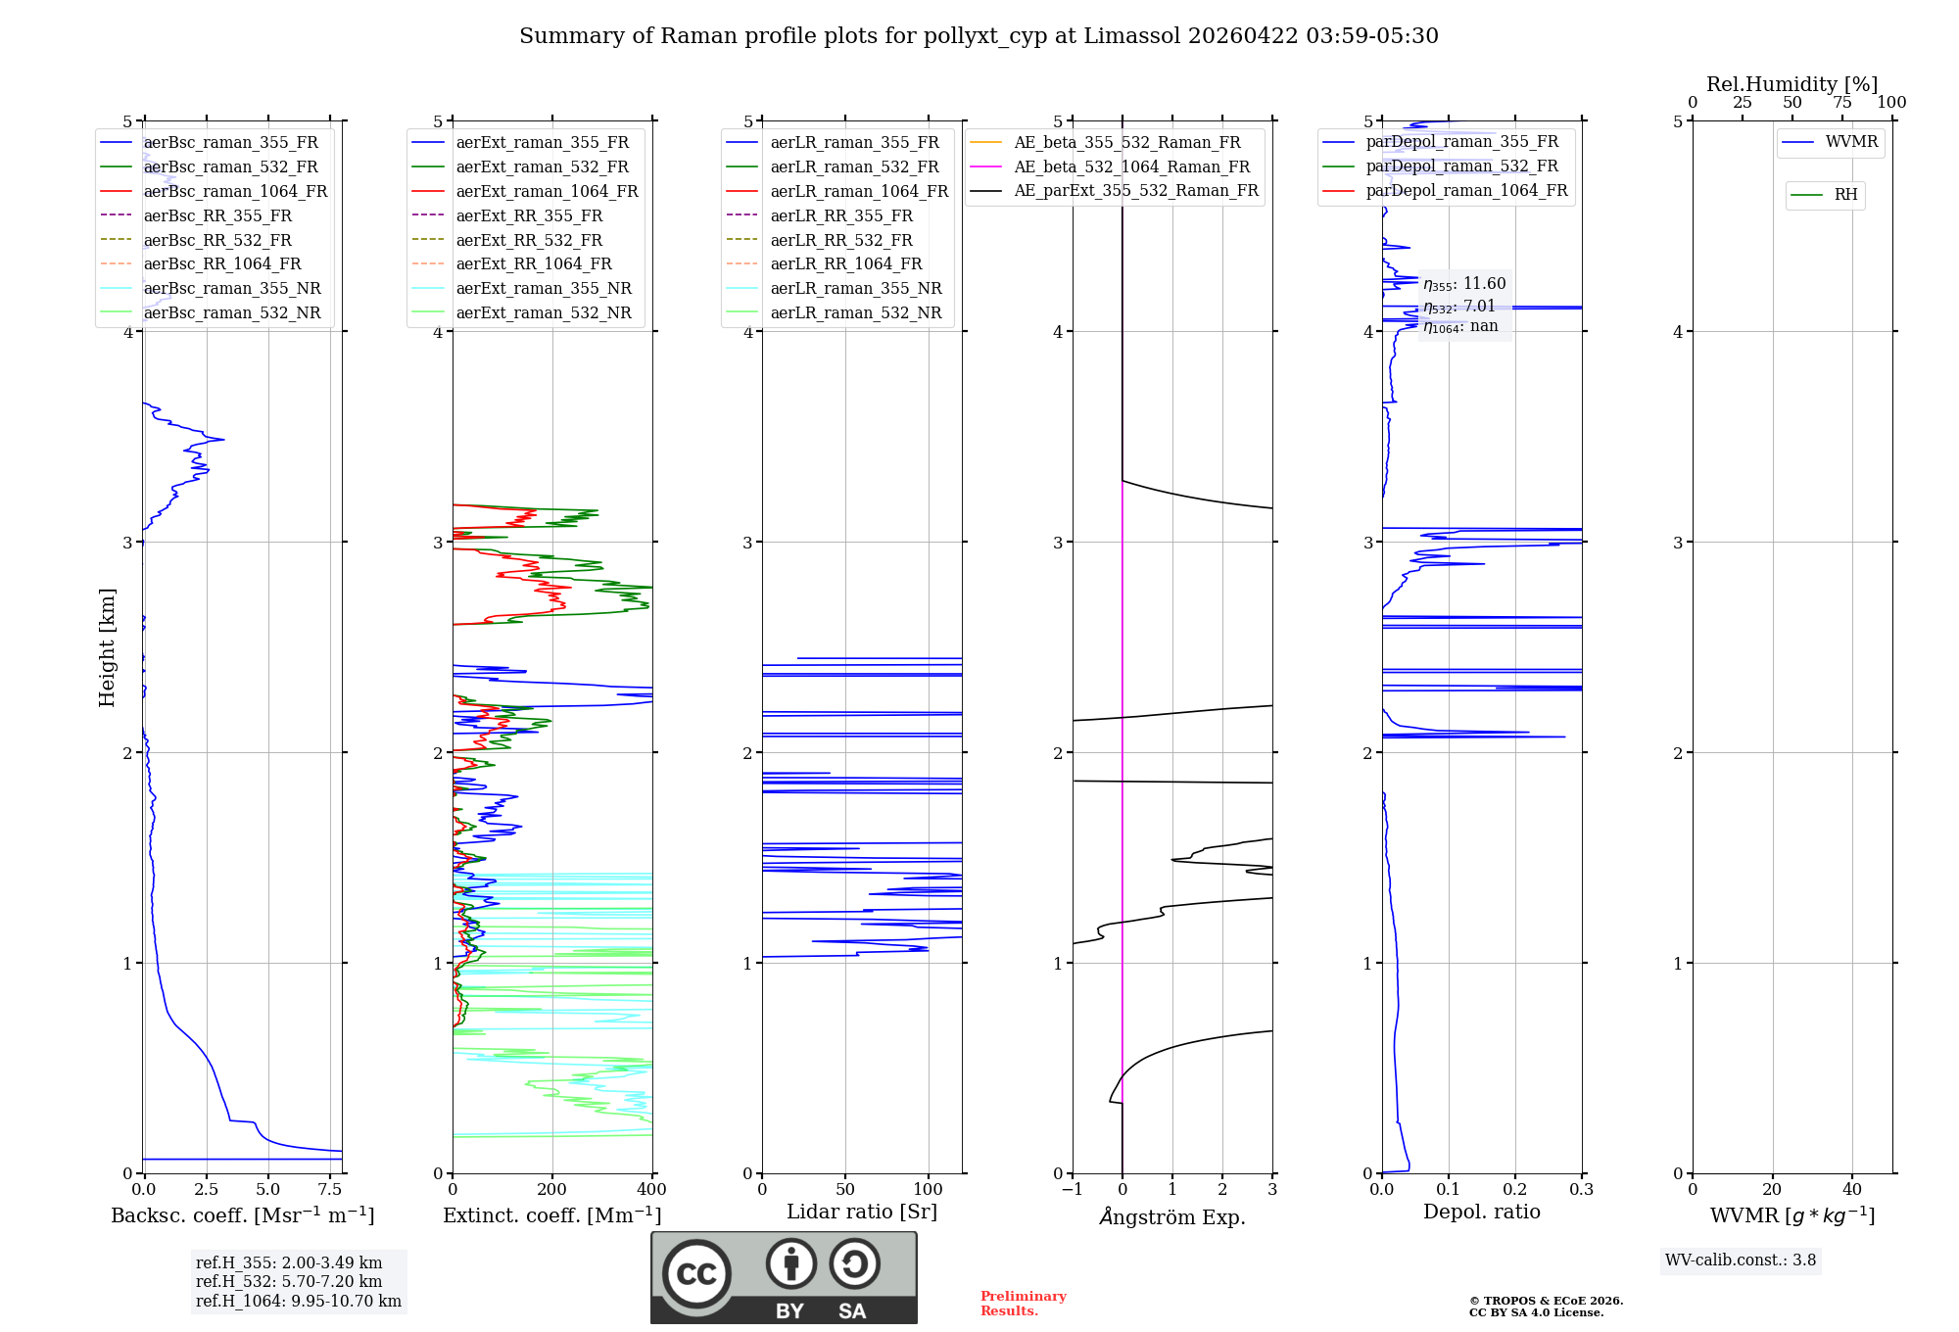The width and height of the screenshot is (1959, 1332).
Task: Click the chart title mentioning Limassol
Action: [x=979, y=36]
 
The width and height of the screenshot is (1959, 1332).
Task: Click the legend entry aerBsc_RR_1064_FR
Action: [x=222, y=264]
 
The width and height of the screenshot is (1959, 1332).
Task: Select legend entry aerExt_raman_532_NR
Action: [x=544, y=313]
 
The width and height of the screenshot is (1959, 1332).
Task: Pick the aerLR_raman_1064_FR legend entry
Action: [x=859, y=192]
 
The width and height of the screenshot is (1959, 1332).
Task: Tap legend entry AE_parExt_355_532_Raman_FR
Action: [x=1136, y=191]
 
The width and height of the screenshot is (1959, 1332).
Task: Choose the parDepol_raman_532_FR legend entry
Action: [x=1461, y=166]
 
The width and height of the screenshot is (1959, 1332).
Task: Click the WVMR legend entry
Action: [x=1851, y=143]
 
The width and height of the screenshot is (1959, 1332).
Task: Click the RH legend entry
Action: [x=1845, y=195]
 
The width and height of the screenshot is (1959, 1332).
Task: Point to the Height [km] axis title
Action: [x=108, y=647]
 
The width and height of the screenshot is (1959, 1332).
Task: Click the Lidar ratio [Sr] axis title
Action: [x=862, y=1213]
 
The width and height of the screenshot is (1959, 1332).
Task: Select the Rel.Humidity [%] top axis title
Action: [x=1792, y=84]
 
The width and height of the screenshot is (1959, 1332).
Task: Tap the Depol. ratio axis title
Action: [x=1481, y=1213]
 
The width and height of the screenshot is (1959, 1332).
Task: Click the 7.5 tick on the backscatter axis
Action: [x=330, y=1190]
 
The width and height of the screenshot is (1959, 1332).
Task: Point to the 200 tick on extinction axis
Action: [x=552, y=1190]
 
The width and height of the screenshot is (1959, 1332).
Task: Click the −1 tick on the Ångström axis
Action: [x=1072, y=1190]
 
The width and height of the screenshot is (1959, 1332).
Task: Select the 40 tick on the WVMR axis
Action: [x=1851, y=1190]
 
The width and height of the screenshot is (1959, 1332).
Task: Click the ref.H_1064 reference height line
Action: [x=299, y=1302]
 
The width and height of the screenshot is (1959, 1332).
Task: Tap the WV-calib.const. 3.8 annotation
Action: [x=1741, y=1261]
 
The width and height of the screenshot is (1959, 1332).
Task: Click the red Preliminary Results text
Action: [x=1023, y=1304]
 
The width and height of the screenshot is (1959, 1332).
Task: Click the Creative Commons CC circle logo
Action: [x=696, y=1274]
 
